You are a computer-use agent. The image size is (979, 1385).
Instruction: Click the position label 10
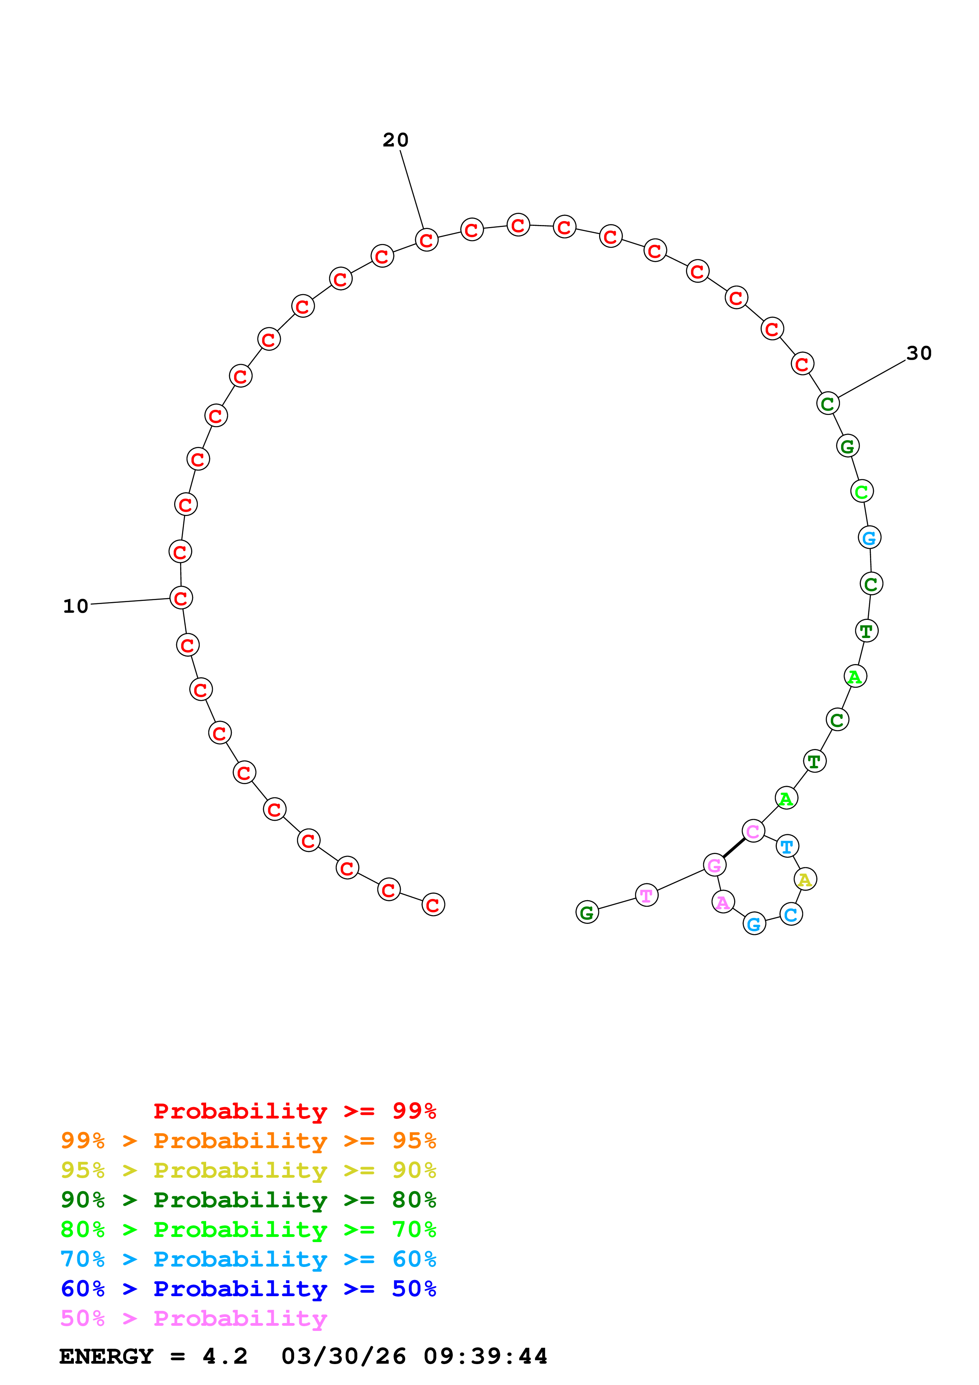(75, 606)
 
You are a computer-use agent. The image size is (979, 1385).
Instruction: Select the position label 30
(919, 353)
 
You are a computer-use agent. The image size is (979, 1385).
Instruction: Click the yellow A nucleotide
(805, 880)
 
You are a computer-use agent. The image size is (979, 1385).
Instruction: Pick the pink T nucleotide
(646, 896)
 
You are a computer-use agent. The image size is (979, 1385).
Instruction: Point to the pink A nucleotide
(723, 903)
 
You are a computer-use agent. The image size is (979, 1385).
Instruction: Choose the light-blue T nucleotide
(787, 846)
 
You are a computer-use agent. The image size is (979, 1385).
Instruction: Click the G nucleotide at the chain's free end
(587, 913)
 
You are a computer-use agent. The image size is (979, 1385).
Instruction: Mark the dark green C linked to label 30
(828, 403)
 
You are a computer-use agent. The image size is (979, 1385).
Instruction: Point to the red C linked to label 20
(427, 240)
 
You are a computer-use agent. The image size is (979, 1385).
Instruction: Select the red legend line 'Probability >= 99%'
(294, 1111)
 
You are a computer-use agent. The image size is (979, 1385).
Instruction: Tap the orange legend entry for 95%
(248, 1141)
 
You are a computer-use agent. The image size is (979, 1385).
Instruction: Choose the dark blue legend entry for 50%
(248, 1289)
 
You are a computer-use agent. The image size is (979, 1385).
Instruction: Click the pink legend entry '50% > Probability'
(194, 1319)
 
